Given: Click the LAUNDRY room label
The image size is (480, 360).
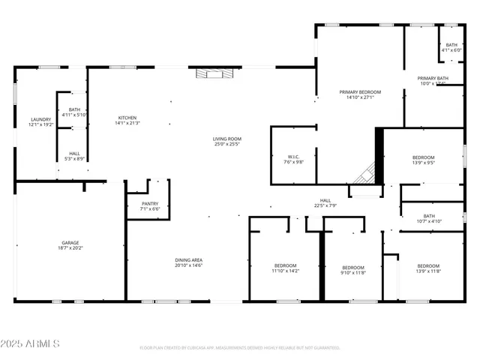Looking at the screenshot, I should tap(40, 119).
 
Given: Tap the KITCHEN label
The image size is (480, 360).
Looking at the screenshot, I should tap(127, 117).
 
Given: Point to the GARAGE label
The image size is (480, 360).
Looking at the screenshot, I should tap(70, 242).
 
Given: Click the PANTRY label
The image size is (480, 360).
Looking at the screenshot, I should tap(149, 203).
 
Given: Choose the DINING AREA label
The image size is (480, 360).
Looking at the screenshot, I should tap(188, 260).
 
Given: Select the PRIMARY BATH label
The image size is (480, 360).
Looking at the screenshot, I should tap(433, 78).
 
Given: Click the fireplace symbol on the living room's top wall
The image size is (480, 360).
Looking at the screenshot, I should tap(211, 73).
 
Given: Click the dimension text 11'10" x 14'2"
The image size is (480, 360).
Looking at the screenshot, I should tap(285, 271).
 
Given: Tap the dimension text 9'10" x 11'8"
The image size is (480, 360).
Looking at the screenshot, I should tap(353, 273).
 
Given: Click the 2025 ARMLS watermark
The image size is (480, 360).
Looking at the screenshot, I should tap(31, 343).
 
